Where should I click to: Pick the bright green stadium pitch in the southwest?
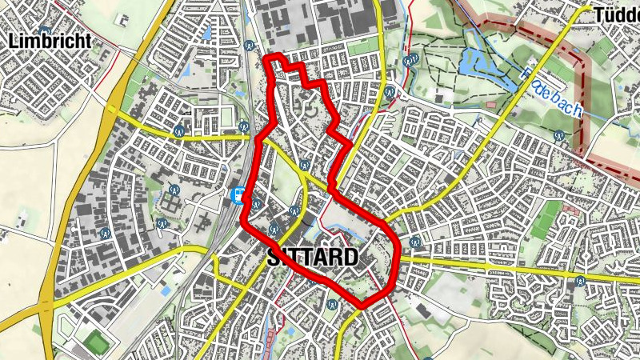click(x=97, y=342)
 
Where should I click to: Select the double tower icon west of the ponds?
click(x=411, y=60)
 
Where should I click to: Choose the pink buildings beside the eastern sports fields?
click(x=570, y=210)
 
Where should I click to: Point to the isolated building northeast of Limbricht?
click(x=124, y=18)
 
